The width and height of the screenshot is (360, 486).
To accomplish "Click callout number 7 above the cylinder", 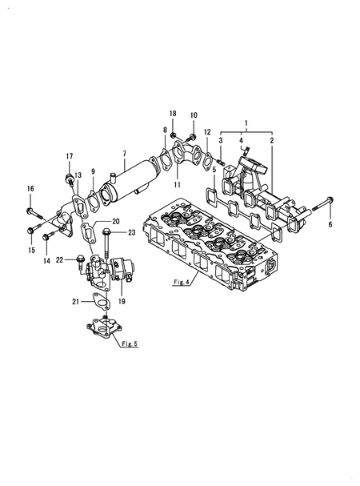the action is point(124,154).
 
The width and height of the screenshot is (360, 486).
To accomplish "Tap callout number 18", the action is point(173,114).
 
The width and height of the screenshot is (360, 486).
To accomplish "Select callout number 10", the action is point(194,115).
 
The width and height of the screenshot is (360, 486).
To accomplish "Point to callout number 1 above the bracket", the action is point(246,123).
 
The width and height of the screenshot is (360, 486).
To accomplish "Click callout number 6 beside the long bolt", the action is point(330,224).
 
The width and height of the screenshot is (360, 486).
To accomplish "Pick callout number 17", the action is point(70,156).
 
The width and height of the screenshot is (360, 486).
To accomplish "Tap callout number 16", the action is point(30,189).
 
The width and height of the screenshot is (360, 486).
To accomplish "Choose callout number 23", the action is point(132,232).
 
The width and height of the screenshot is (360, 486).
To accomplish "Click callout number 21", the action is point(76,301).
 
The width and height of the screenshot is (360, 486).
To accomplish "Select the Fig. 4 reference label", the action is point(182,282).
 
